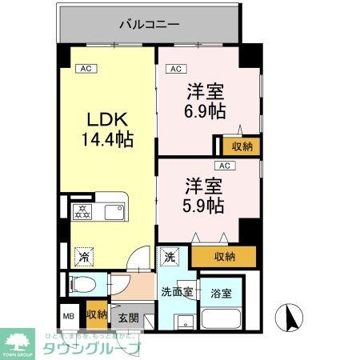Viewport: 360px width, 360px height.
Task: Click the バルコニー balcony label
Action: click(149, 23)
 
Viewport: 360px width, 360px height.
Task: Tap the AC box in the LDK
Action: click(86, 69)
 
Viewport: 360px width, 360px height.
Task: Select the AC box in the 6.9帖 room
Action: click(178, 69)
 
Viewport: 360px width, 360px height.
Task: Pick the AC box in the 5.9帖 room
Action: click(226, 166)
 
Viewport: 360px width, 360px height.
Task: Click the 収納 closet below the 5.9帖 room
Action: click(225, 257)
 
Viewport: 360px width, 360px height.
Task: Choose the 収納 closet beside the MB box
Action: click(97, 314)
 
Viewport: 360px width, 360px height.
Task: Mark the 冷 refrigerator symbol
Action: click(82, 258)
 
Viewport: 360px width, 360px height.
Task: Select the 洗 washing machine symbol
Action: click(170, 257)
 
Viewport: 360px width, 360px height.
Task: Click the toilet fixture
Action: click(81, 284)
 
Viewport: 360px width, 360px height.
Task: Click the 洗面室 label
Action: click(176, 292)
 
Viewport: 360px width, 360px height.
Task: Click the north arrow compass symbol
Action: click(289, 318)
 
